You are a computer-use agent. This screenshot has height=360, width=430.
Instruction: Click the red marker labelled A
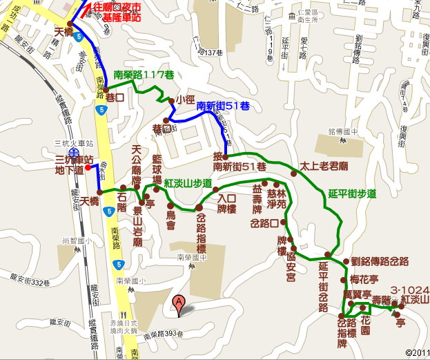[178, 302]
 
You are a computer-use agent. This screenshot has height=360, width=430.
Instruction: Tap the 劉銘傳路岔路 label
[380, 261]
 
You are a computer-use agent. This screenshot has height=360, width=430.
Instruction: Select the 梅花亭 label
[364, 279]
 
